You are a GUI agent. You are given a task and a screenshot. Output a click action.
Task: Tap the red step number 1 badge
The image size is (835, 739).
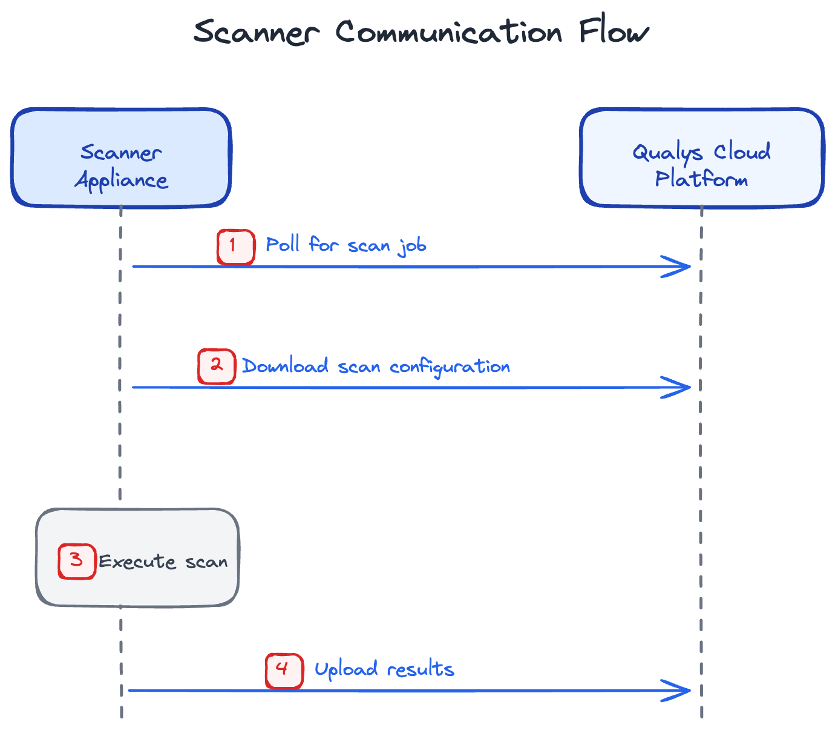235,247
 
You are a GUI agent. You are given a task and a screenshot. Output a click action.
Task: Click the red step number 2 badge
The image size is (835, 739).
217,366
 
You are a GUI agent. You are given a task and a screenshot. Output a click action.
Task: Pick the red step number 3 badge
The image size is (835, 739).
77,562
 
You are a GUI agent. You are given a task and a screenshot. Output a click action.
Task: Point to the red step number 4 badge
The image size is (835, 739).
284,671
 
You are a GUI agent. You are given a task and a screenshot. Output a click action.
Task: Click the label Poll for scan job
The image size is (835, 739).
346,245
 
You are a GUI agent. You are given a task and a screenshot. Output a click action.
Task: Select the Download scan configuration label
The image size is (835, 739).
376,366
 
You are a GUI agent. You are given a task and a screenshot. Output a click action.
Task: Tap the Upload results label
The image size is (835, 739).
384,669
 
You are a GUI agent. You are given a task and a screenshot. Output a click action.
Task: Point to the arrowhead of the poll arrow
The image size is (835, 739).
681,267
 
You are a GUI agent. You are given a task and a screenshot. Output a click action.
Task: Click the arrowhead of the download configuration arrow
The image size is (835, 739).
681,388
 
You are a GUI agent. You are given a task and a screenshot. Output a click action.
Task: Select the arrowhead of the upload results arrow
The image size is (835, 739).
681,691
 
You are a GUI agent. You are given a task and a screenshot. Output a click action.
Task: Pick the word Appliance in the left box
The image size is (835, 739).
121,181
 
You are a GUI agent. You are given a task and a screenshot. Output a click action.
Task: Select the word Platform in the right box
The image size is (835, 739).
702,179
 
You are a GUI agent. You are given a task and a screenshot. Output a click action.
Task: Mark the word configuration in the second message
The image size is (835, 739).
450,368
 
